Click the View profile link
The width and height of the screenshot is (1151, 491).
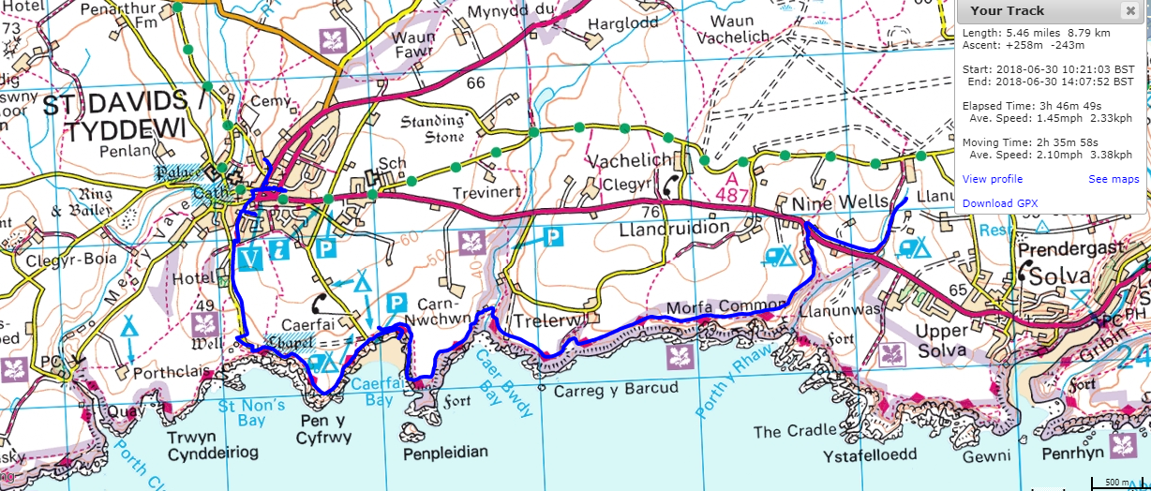click(x=993, y=179)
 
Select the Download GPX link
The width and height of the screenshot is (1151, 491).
click(x=1000, y=203)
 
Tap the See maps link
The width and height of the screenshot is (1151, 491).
click(x=1114, y=179)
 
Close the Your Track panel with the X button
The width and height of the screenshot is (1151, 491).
click(x=1129, y=11)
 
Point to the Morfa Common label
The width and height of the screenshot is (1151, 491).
click(x=725, y=308)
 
